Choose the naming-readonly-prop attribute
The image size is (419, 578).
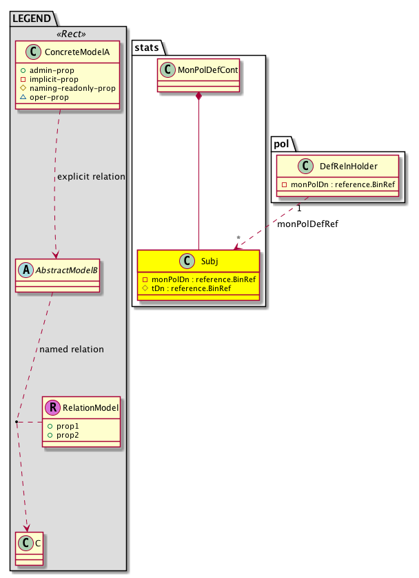(x=76, y=88)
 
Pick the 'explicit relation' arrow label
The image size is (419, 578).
(x=91, y=176)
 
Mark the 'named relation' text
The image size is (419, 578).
(x=72, y=349)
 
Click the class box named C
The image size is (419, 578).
(x=28, y=551)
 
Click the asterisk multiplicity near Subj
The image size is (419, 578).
(x=239, y=239)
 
